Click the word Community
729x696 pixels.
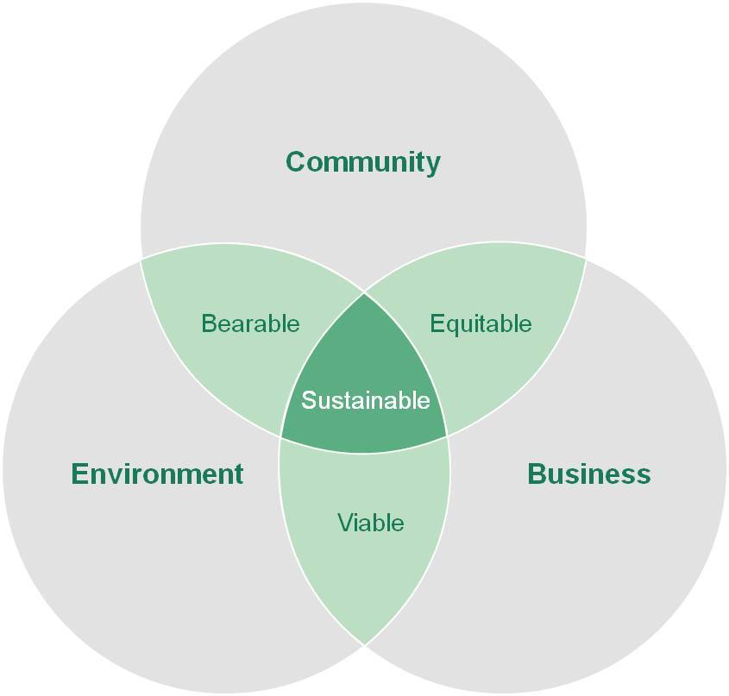point(363,163)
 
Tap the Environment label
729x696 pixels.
point(157,474)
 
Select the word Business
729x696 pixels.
point(589,474)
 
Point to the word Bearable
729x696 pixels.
point(250,323)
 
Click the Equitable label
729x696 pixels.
point(481,324)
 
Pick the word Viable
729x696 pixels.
point(371,523)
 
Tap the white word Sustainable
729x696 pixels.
point(366,400)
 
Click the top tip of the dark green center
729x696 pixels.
point(364,293)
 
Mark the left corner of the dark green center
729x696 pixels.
point(280,436)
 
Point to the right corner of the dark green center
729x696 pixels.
point(447,436)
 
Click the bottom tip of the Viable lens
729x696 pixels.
point(364,645)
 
